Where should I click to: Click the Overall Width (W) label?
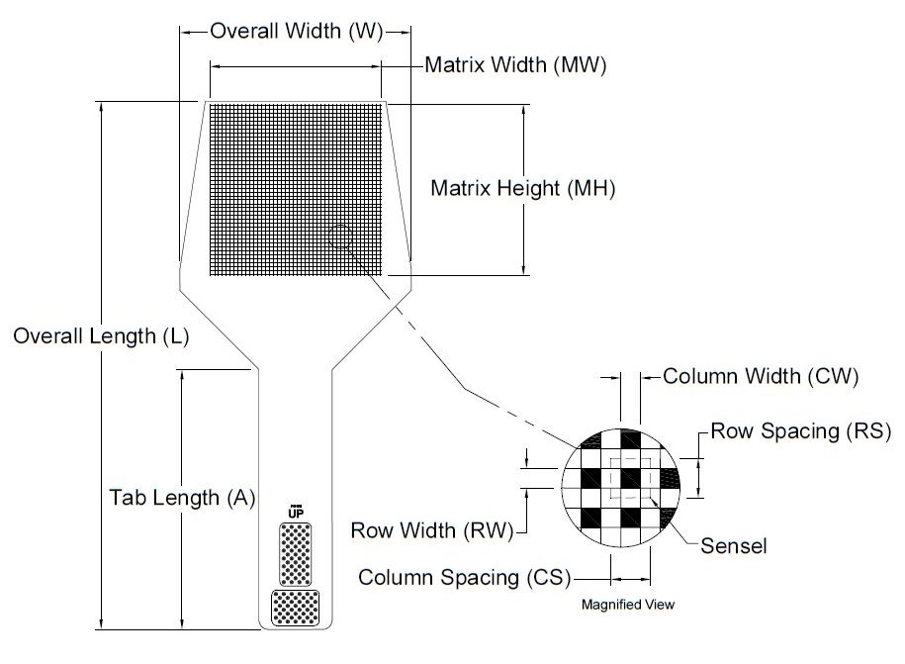(x=296, y=31)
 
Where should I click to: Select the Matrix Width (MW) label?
(x=515, y=64)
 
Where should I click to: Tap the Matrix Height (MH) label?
(x=523, y=188)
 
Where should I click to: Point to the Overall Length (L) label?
(x=101, y=336)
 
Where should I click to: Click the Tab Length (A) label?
(x=182, y=498)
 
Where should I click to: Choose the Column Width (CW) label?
(x=761, y=376)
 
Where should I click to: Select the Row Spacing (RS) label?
(x=801, y=430)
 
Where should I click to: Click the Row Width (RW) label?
(x=432, y=530)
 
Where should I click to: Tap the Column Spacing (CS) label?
(x=465, y=577)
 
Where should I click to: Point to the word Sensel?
(x=734, y=546)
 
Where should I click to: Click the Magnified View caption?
(x=628, y=605)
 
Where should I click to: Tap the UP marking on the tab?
(x=296, y=513)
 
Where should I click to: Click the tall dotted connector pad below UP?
(x=296, y=554)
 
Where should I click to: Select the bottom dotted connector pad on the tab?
(x=295, y=608)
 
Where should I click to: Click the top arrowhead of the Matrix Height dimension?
(x=523, y=110)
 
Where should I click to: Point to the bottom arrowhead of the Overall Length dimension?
(x=102, y=623)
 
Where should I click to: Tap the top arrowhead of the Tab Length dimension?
(x=182, y=375)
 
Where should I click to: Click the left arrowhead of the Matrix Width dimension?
(x=216, y=67)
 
